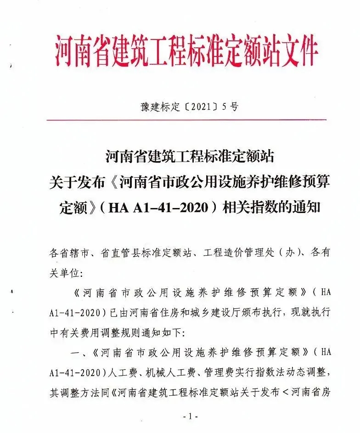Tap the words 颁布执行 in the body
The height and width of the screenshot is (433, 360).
[263, 312]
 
